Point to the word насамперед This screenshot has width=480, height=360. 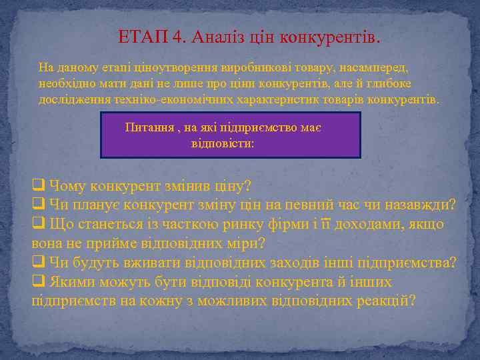click(x=376, y=67)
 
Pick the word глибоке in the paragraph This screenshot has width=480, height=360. click(x=385, y=83)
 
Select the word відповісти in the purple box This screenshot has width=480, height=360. click(x=223, y=143)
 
